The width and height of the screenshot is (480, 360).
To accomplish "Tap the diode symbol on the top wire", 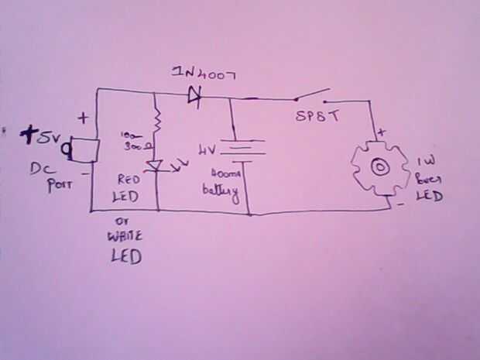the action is click(x=194, y=95).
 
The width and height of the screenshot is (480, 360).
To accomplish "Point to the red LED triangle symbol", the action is click(x=157, y=165).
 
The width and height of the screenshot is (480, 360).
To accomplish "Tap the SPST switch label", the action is click(x=317, y=118).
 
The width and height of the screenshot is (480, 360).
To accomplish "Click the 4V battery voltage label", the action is click(x=208, y=149).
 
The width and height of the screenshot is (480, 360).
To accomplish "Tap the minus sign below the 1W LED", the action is click(x=401, y=206).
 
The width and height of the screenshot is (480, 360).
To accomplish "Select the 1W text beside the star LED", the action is click(x=425, y=163).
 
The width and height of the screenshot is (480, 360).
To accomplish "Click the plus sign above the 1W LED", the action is click(x=381, y=132).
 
